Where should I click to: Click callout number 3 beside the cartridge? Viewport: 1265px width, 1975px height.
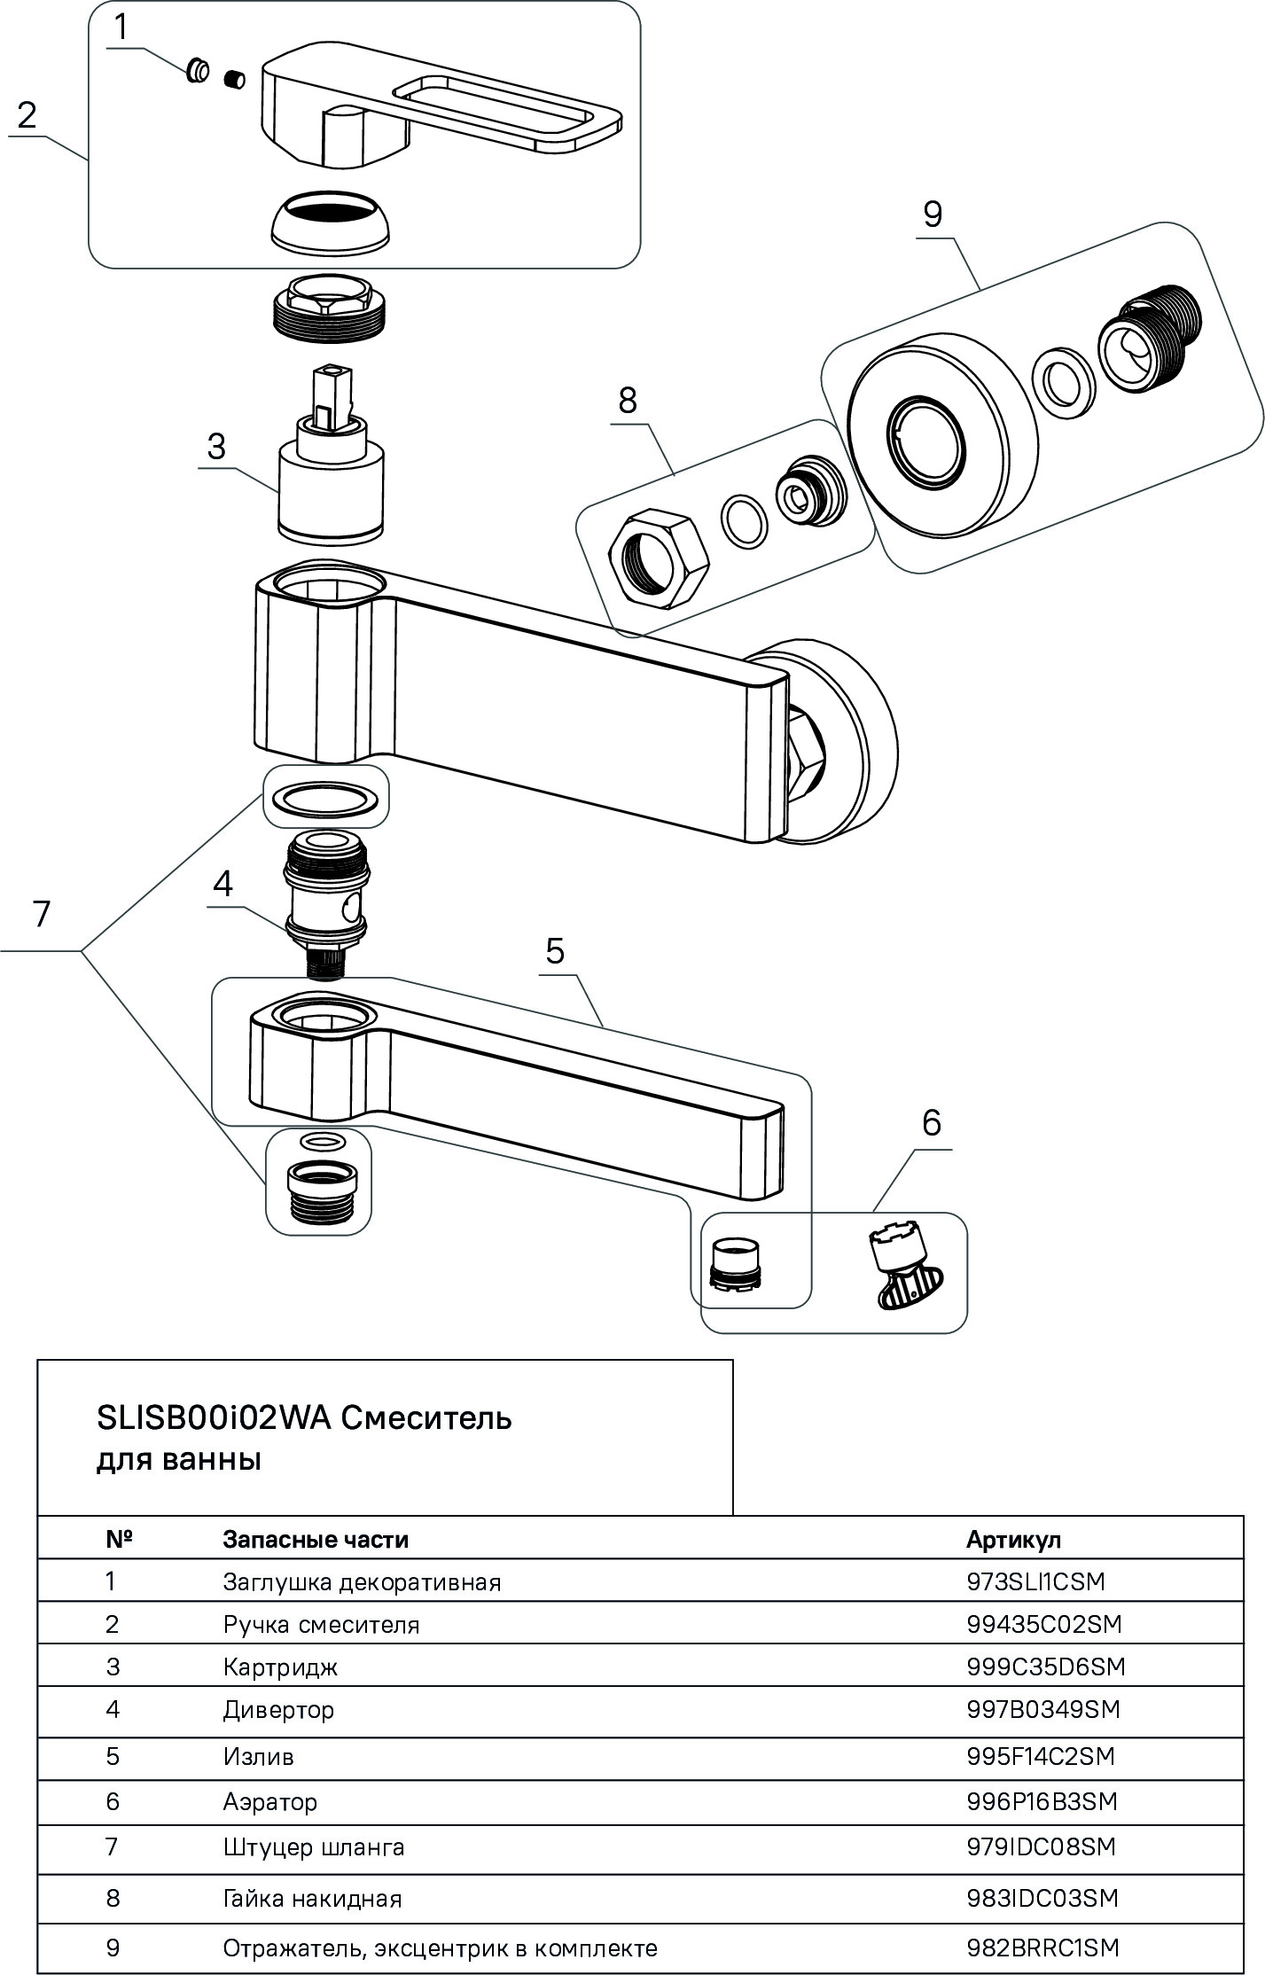216,447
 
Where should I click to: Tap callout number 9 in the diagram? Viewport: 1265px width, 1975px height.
932,215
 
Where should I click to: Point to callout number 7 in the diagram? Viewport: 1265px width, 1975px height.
41,913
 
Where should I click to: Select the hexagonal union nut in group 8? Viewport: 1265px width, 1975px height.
660,558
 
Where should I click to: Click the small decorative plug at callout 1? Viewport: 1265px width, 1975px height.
199,72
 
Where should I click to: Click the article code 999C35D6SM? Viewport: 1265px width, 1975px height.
1045,1667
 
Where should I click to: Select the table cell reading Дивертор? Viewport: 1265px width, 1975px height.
278,1709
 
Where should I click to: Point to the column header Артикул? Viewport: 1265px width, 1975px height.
1013,1539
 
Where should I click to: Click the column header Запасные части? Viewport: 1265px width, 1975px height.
316,1539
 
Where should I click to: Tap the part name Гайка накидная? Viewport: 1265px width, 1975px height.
312,1898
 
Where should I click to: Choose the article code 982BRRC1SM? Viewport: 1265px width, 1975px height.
1042,1948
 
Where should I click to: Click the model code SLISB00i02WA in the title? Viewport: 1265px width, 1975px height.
213,1418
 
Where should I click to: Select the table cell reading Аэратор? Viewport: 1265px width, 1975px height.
269,1801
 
